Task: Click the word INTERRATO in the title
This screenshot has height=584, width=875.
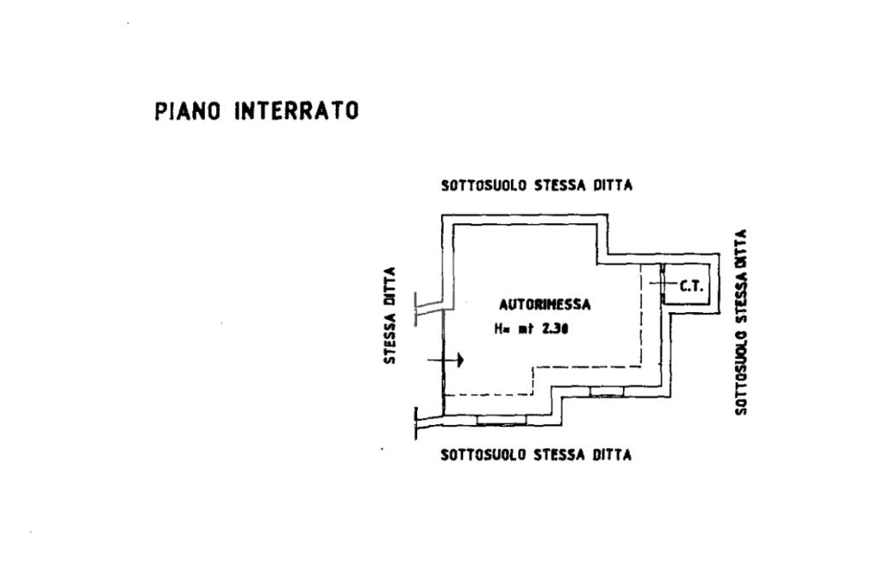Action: pyautogui.click(x=297, y=111)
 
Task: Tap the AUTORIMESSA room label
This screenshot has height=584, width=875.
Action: pyautogui.click(x=545, y=304)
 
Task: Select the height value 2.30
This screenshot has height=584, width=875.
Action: pyautogui.click(x=556, y=327)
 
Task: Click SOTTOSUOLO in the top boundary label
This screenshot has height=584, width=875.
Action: pyautogui.click(x=484, y=186)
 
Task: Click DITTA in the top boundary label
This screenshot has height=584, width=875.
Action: pyautogui.click(x=614, y=186)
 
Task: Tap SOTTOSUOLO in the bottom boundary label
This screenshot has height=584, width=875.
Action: pyautogui.click(x=484, y=455)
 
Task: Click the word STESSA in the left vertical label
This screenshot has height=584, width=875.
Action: pyautogui.click(x=390, y=338)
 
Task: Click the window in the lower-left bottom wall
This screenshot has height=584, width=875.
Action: pyautogui.click(x=493, y=420)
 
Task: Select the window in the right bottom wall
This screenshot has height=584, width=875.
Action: pyautogui.click(x=607, y=392)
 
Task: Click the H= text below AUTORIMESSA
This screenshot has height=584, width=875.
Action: pyautogui.click(x=501, y=327)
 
